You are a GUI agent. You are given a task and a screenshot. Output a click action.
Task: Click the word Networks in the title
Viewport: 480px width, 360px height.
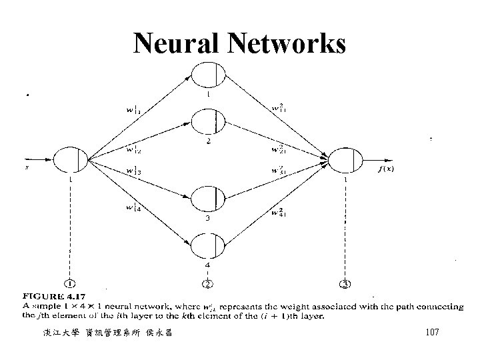[x=289, y=44]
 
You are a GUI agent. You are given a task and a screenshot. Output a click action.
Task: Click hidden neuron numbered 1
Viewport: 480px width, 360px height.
[x=209, y=74]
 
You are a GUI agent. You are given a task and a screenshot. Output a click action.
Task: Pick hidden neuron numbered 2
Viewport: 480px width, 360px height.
[x=209, y=123]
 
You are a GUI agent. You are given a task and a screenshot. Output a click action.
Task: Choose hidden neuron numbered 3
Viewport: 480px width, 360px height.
[x=209, y=199]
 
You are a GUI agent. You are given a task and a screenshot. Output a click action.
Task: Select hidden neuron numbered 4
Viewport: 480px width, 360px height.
[x=209, y=245]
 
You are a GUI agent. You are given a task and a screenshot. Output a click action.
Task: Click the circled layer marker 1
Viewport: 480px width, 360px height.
[x=71, y=285]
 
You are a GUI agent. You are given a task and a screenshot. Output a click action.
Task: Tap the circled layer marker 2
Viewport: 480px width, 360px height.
[x=208, y=285]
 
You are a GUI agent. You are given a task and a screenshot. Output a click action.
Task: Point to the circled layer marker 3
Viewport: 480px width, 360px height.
[x=345, y=285]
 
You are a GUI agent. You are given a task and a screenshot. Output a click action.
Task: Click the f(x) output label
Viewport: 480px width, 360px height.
[x=387, y=169]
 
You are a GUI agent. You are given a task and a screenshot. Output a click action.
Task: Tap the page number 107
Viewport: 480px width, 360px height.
[x=431, y=331]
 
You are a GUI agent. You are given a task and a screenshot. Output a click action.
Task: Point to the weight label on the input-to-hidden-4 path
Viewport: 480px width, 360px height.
[x=135, y=209]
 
